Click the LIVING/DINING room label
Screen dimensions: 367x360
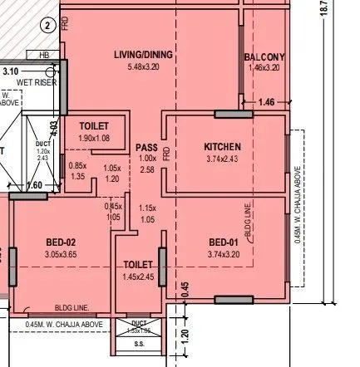pyautogui.click(x=143, y=55)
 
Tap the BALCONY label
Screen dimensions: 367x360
pyautogui.click(x=264, y=56)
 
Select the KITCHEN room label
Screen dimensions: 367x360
pyautogui.click(x=222, y=147)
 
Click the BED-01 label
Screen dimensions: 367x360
pyautogui.click(x=223, y=242)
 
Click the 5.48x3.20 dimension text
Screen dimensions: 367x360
pyautogui.click(x=143, y=66)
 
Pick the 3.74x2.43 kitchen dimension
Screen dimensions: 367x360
pyautogui.click(x=222, y=158)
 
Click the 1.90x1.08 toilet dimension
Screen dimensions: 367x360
pyautogui.click(x=94, y=137)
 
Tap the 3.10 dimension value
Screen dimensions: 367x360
pyautogui.click(x=10, y=72)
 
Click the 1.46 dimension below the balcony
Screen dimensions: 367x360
pyautogui.click(x=266, y=102)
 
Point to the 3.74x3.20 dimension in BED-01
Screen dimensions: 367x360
pyautogui.click(x=223, y=254)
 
